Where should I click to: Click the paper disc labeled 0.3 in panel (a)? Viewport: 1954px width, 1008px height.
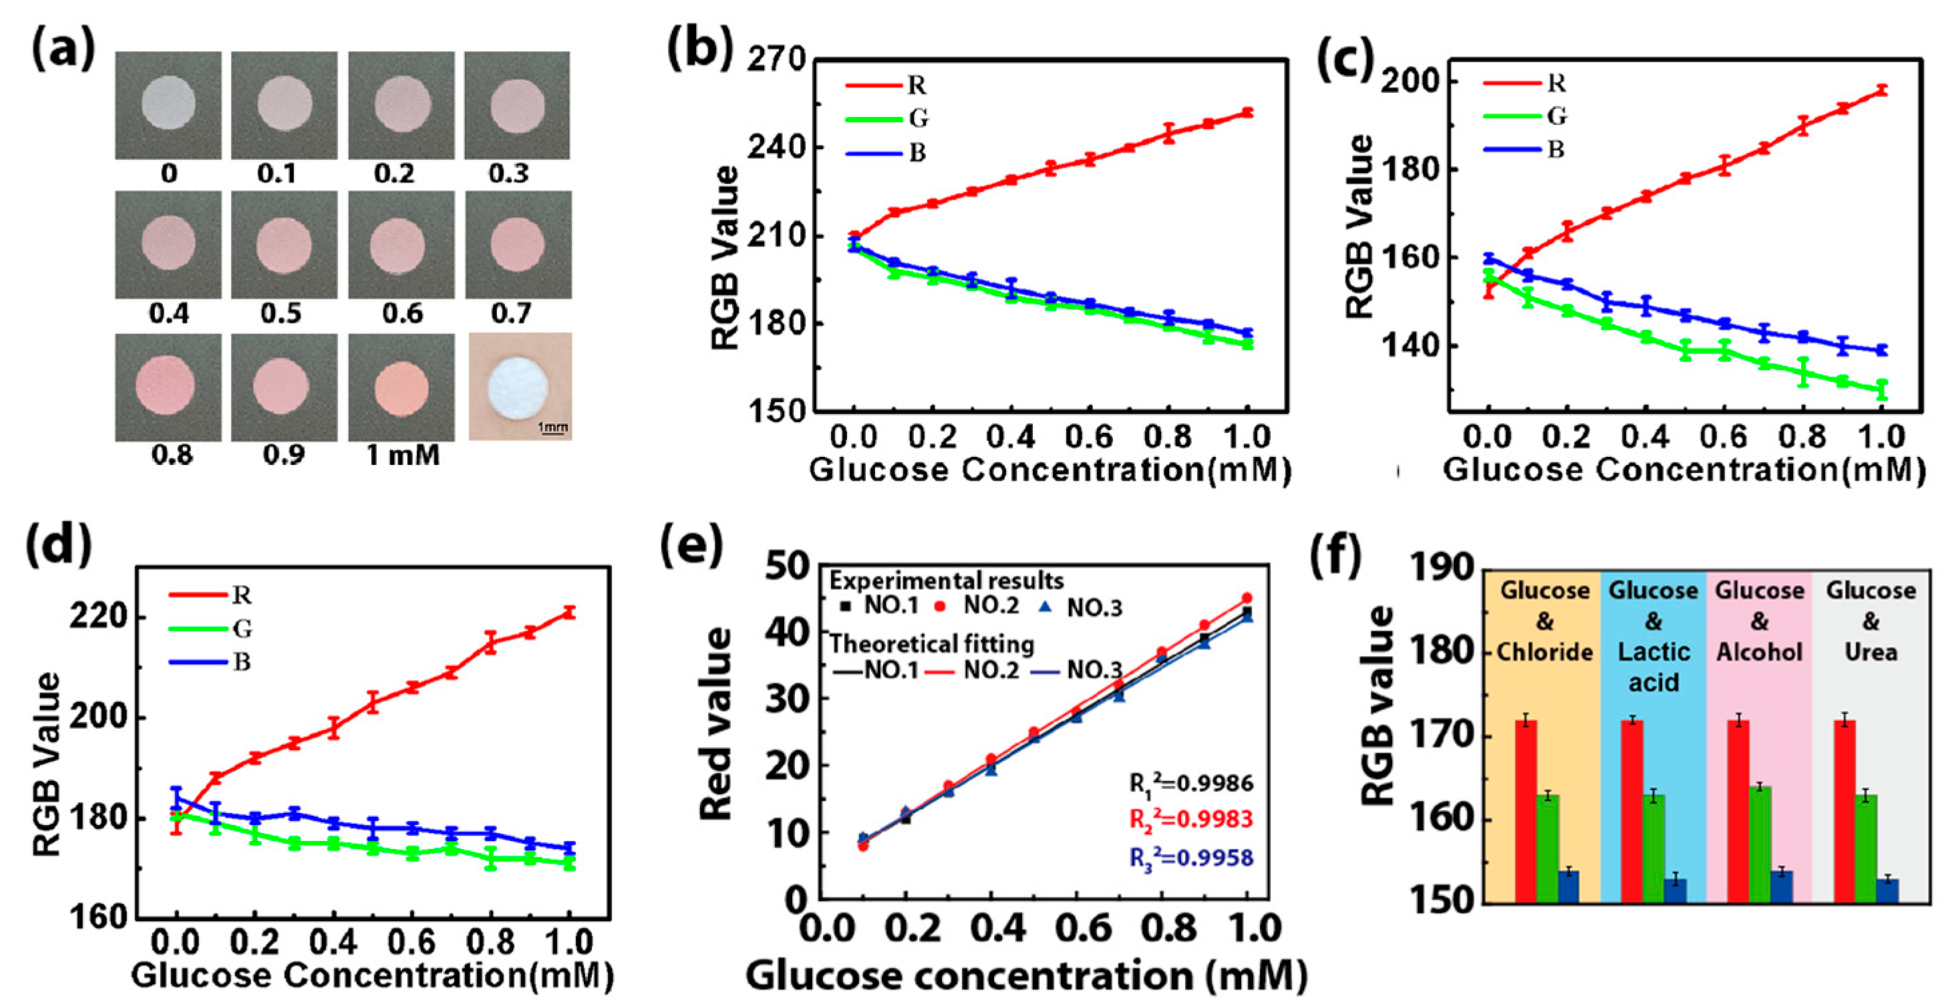[x=517, y=106]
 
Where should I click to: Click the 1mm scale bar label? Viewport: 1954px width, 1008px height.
[x=552, y=427]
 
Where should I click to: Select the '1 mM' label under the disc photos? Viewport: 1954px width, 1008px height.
[x=403, y=455]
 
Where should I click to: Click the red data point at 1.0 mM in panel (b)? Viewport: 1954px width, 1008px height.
[x=1247, y=113]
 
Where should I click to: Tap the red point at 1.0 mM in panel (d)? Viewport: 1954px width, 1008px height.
[x=569, y=612]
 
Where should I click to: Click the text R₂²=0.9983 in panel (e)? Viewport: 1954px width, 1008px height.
[x=1191, y=820]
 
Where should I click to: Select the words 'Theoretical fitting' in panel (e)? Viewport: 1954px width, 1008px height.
[x=931, y=644]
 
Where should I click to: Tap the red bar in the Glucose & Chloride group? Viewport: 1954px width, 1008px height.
[x=1526, y=812]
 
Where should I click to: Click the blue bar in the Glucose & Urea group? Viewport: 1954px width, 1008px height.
[x=1887, y=890]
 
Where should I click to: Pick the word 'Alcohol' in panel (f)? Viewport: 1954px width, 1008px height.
[x=1759, y=652]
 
